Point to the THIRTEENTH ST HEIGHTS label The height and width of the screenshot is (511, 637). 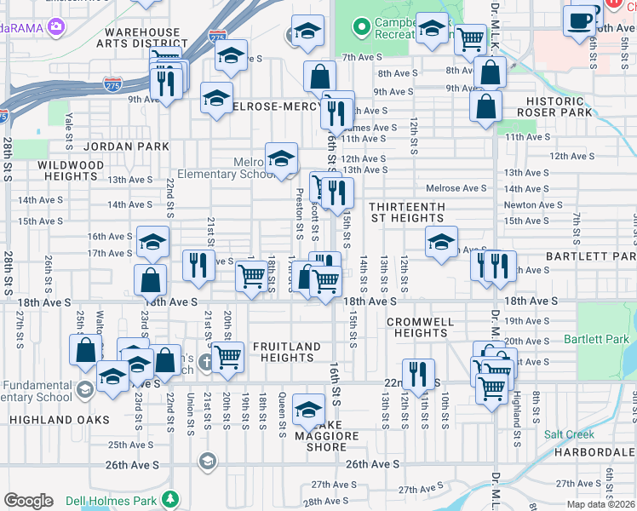pyautogui.click(x=406, y=212)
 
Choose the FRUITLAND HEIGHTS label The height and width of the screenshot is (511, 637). pyautogui.click(x=286, y=353)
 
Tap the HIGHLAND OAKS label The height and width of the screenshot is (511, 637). pyautogui.click(x=60, y=420)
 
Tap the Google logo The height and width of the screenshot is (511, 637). pyautogui.click(x=28, y=501)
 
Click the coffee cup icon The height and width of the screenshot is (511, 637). pyautogui.click(x=581, y=19)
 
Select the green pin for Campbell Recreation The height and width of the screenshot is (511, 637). pyautogui.click(x=361, y=27)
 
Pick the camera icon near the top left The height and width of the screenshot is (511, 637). pyautogui.click(x=56, y=26)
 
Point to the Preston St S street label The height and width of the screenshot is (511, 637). pyautogui.click(x=299, y=213)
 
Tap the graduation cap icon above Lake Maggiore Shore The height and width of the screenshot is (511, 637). pyautogui.click(x=308, y=409)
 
